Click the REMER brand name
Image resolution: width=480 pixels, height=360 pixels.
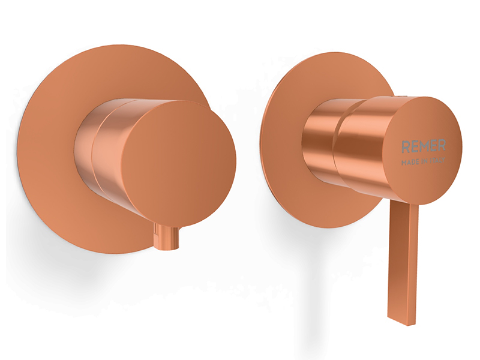click(x=423, y=146)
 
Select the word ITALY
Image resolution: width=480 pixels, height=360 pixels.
click(x=437, y=161)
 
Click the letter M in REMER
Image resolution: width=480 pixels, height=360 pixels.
click(x=423, y=146)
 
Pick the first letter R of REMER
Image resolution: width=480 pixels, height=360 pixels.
click(x=404, y=147)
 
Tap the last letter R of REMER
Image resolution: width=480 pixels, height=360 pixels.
click(x=442, y=145)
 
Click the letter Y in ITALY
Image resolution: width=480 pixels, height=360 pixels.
click(x=443, y=160)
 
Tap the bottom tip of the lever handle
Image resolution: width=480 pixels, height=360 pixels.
click(x=401, y=323)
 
